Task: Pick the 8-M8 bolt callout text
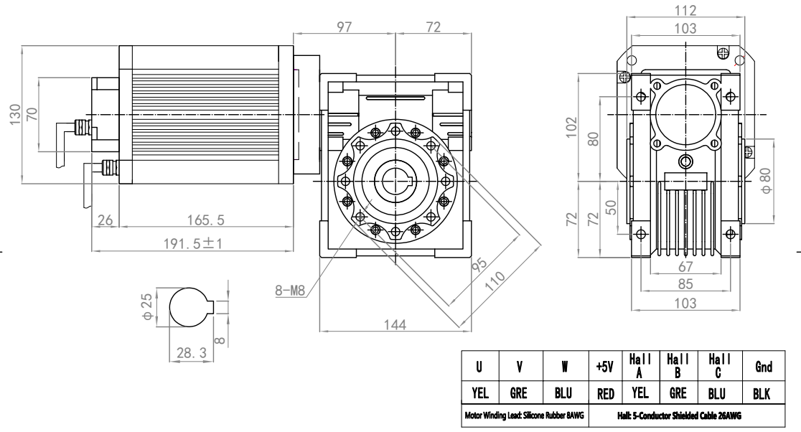[291, 291]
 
